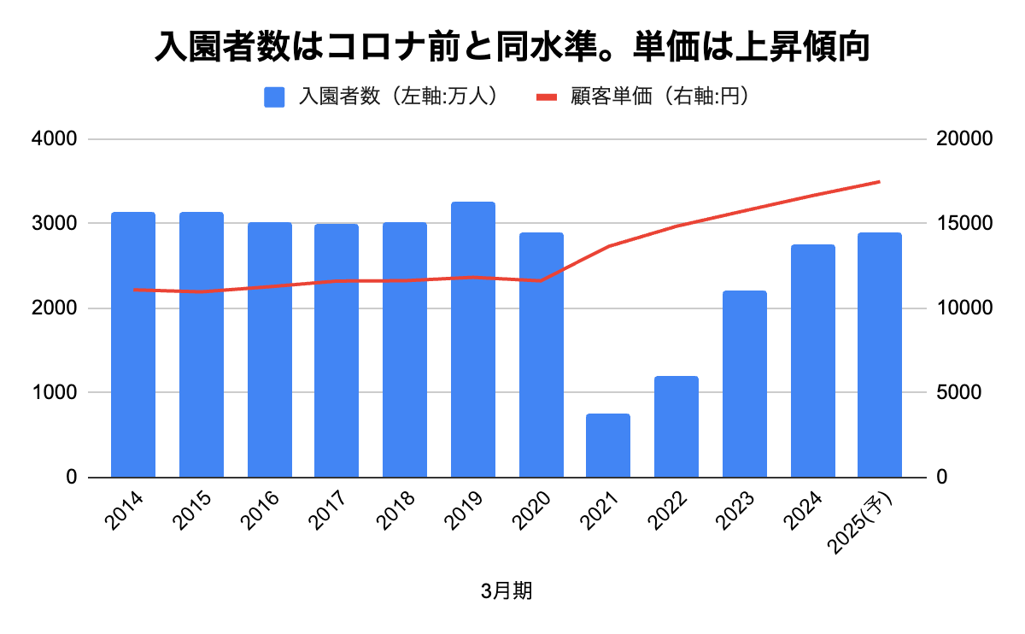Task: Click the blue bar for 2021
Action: (x=608, y=445)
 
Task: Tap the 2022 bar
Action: (x=676, y=426)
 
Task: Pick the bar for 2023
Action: (x=744, y=384)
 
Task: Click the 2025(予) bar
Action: (x=880, y=355)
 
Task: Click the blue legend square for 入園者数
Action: (x=274, y=97)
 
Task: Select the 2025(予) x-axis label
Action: (x=871, y=521)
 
